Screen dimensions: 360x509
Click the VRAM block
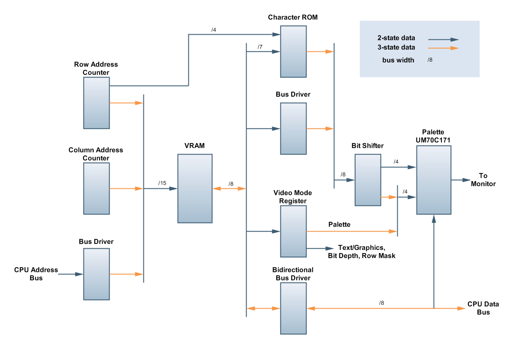pyautogui.click(x=195, y=188)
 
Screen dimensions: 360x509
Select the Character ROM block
pyautogui.click(x=293, y=51)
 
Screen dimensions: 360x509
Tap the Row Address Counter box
pyautogui.click(x=96, y=103)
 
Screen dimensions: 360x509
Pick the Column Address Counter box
pyautogui.click(x=96, y=188)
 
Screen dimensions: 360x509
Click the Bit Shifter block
pyautogui.click(x=368, y=180)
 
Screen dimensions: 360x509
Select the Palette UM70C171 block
pyautogui.click(x=434, y=180)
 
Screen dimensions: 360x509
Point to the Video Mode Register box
pyautogui.click(x=293, y=231)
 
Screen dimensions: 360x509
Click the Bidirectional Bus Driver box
pyautogui.click(x=293, y=308)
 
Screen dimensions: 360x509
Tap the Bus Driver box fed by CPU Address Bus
pyautogui.click(x=96, y=274)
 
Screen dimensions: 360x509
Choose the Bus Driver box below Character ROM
pyautogui.click(x=293, y=128)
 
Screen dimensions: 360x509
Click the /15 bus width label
pyautogui.click(x=162, y=183)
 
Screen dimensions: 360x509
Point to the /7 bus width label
pyautogui.click(x=260, y=46)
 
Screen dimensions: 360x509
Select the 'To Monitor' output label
pyautogui.click(x=483, y=180)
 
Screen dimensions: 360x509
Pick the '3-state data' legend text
pyautogui.click(x=396, y=48)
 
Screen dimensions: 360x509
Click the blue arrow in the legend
pyautogui.click(x=443, y=39)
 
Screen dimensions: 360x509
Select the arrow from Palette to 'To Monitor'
pyautogui.click(x=461, y=180)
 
